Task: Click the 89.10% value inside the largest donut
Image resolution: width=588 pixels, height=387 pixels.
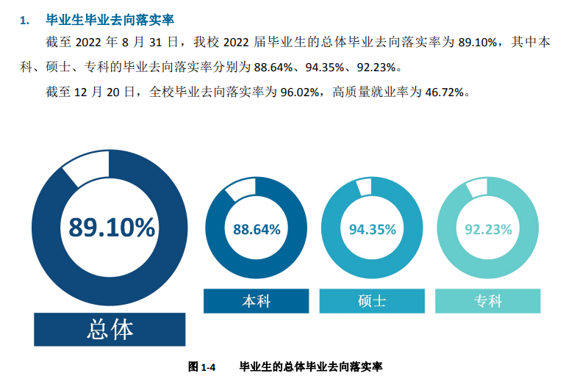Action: coord(112,228)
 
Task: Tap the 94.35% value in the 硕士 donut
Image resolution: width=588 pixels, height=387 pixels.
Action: coord(372,229)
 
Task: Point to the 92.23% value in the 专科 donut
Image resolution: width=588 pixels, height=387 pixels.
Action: coord(488,229)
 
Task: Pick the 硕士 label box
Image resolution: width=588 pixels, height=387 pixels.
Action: coord(372,301)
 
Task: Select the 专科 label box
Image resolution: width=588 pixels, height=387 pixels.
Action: coord(488,301)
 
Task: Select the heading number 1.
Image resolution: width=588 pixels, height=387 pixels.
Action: coord(24,19)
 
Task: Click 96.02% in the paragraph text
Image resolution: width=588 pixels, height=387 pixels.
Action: coord(303,92)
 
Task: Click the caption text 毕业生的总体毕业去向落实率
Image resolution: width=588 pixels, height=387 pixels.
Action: coord(311,366)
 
